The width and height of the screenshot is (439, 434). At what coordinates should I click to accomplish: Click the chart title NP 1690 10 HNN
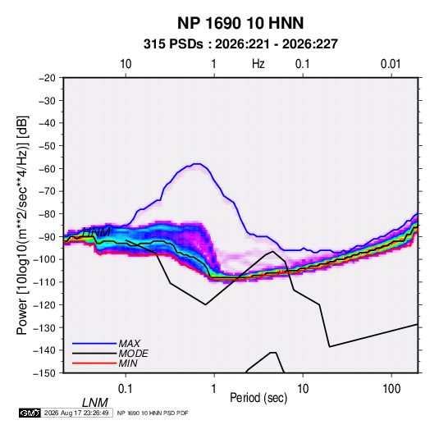click(x=240, y=23)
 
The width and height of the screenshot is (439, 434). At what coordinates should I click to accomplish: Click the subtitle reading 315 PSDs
click(x=173, y=44)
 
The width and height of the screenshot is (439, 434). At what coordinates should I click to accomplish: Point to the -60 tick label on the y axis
click(x=47, y=168)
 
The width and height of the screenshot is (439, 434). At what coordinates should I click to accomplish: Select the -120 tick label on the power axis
click(x=44, y=304)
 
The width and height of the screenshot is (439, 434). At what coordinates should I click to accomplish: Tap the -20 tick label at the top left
click(x=47, y=78)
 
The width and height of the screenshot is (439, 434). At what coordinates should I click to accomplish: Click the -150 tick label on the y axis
click(x=44, y=373)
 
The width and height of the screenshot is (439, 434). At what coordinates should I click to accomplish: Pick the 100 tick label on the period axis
click(x=391, y=389)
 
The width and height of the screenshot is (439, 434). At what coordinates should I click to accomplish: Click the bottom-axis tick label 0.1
click(x=126, y=389)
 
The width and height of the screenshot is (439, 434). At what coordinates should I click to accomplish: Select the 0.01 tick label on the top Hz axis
click(x=391, y=64)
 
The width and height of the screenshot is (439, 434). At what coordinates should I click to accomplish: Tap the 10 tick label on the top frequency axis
click(x=126, y=64)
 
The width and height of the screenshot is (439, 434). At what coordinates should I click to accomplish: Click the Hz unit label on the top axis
click(x=258, y=64)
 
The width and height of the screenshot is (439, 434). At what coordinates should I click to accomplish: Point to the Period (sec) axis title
click(x=258, y=398)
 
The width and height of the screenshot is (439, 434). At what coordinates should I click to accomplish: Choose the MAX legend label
click(x=130, y=344)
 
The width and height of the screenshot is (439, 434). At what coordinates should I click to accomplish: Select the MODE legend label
click(x=133, y=354)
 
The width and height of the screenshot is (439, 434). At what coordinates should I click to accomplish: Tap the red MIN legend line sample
click(x=94, y=363)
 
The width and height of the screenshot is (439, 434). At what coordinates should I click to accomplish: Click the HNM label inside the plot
click(x=97, y=232)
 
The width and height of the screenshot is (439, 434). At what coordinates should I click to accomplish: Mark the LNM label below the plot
click(x=95, y=403)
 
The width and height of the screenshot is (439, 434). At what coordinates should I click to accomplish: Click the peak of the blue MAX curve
click(x=197, y=164)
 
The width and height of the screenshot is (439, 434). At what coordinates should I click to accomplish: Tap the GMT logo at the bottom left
click(x=30, y=413)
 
